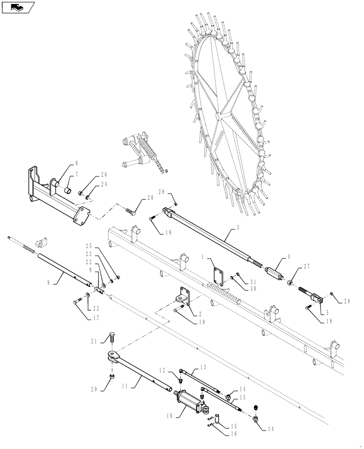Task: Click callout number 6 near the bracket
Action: pyautogui.click(x=76, y=163)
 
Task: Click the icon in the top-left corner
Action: pyautogui.click(x=18, y=7)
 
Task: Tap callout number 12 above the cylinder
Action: pyautogui.click(x=163, y=370)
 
